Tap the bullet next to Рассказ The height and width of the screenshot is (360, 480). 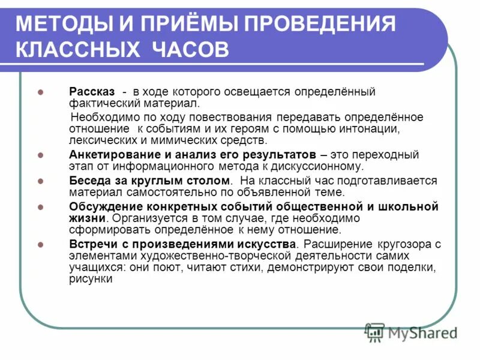click(x=41, y=92)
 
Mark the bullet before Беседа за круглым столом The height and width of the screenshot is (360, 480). click(x=41, y=181)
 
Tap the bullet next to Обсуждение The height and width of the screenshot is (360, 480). click(x=41, y=206)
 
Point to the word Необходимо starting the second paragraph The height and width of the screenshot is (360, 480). click(x=101, y=116)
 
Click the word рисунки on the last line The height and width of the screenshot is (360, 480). click(x=91, y=279)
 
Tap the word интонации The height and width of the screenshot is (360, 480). click(x=372, y=128)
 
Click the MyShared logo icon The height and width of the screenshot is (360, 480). click(x=375, y=332)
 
